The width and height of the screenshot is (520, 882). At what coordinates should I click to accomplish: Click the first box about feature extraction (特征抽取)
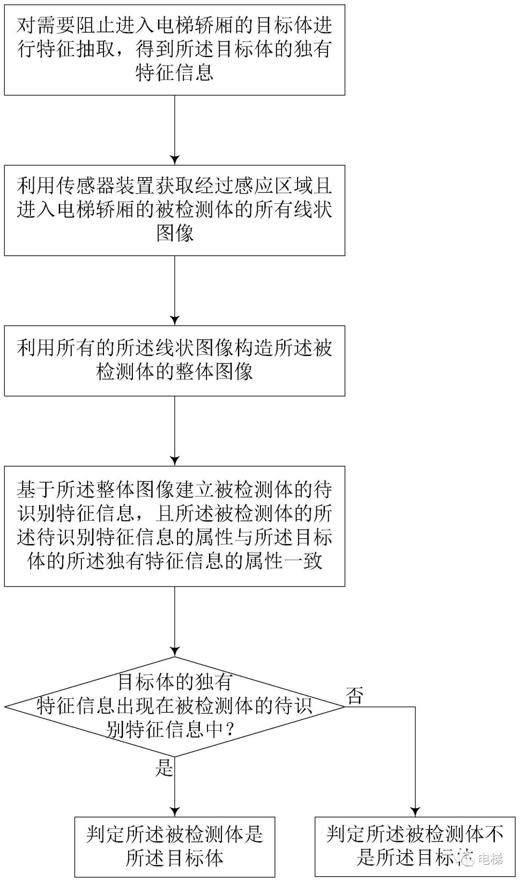(x=174, y=50)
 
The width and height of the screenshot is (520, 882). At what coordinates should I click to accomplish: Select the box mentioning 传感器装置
(x=174, y=210)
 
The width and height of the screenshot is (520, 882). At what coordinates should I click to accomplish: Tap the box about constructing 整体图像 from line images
(x=174, y=360)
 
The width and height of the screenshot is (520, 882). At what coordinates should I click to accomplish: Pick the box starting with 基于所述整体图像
(x=174, y=526)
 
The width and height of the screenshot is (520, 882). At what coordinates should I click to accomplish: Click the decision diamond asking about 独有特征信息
(x=174, y=706)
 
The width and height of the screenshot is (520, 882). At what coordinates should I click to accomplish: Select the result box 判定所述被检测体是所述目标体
(x=174, y=846)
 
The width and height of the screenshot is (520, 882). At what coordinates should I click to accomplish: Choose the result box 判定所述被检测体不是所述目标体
(x=415, y=846)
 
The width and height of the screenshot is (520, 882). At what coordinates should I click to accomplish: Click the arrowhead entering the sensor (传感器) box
(x=175, y=160)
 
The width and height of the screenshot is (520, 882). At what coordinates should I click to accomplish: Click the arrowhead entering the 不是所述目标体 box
(x=415, y=812)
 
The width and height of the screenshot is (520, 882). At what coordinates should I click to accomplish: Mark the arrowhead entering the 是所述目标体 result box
(x=175, y=812)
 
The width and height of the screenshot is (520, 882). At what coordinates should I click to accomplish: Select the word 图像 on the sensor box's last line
(x=175, y=234)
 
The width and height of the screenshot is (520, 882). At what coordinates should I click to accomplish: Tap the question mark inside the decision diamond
(x=230, y=730)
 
